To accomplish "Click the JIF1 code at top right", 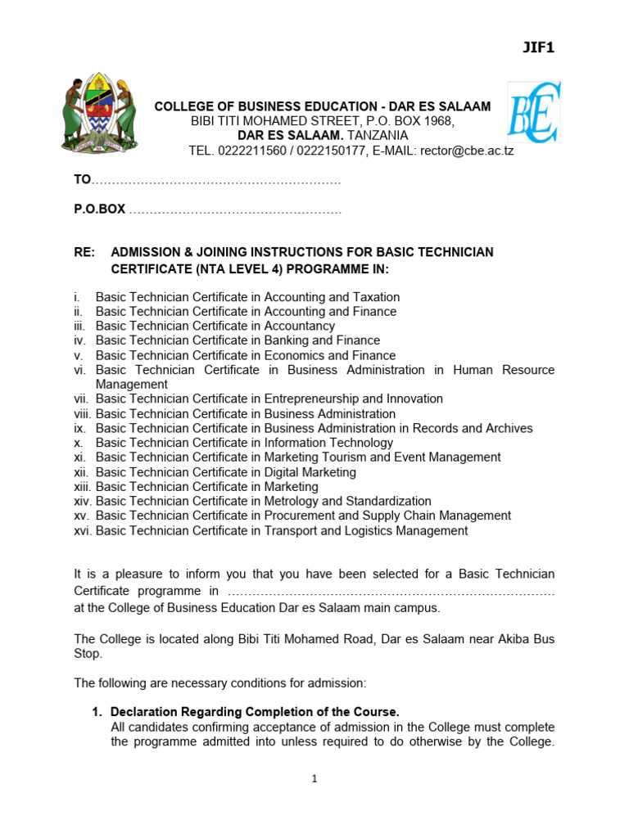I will pyautogui.click(x=539, y=47).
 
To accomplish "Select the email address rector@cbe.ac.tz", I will pyautogui.click(x=467, y=151).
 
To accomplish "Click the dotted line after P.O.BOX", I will pyautogui.click(x=235, y=209).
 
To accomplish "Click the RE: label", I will pyautogui.click(x=85, y=252).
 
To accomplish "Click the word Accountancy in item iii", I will pyautogui.click(x=299, y=326).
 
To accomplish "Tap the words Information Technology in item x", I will pyautogui.click(x=328, y=443).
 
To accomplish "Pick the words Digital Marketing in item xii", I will pyautogui.click(x=310, y=472).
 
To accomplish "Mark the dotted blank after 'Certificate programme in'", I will pyautogui.click(x=390, y=592).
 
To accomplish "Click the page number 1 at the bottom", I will pyautogui.click(x=314, y=779).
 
